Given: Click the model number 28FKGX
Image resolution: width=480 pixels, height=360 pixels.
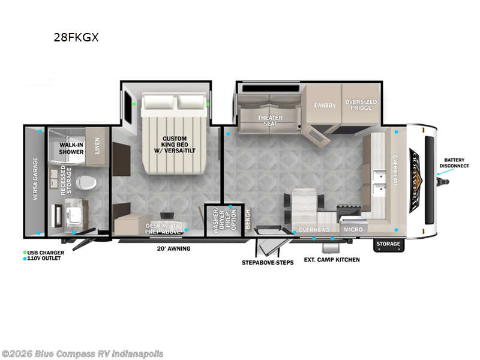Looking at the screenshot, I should point(76,37).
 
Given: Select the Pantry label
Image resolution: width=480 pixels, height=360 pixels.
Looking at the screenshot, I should point(325,106).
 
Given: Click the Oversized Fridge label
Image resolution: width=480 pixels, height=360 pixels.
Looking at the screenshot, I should point(361,105).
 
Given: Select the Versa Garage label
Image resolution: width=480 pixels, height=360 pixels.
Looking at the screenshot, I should point(35,179).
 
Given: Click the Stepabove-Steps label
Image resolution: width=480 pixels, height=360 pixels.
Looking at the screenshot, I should point(268,262).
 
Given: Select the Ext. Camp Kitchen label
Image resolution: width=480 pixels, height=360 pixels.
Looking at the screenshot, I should point(331,259).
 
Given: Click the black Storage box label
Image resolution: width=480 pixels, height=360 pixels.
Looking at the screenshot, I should point(388,244).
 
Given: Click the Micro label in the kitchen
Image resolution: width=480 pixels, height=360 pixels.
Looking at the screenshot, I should point(352,229).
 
